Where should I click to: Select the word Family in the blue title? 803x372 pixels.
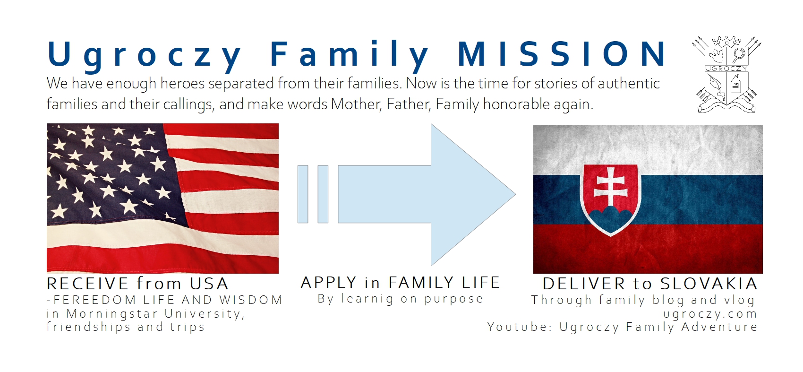coord(350,56)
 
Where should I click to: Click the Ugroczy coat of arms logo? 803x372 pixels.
coord(726,74)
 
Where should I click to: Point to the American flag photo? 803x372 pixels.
coord(162,199)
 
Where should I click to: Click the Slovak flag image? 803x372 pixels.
coord(648,199)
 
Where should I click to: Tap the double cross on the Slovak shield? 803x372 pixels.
coord(610,186)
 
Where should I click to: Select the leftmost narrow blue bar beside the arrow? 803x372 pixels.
coord(303,194)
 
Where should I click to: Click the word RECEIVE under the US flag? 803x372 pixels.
coord(87,284)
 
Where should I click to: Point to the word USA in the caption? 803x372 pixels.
coord(209,284)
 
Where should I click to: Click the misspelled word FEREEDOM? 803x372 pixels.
coord(94,300)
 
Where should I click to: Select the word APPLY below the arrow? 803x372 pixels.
coord(329,283)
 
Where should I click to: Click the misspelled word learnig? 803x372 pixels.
coord(367,299)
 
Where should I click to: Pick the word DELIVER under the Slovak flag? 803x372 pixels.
coord(584,284)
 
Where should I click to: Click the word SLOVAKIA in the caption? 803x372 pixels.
coord(709,284)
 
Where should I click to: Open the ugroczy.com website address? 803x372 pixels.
coord(710,314)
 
